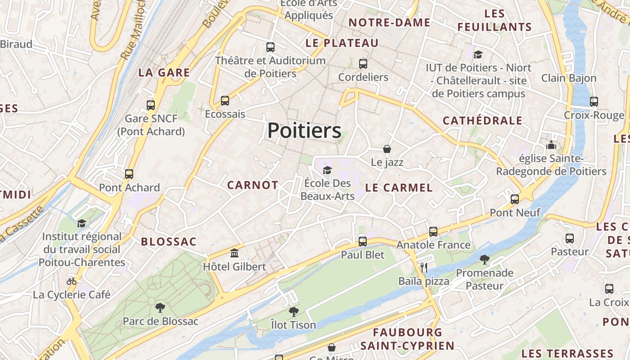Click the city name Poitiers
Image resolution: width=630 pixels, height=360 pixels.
[x=304, y=131]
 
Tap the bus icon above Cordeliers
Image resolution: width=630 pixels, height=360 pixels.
[x=363, y=64]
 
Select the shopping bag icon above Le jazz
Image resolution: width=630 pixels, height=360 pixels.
[x=387, y=148]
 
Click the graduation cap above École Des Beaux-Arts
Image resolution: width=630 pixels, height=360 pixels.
[x=327, y=170]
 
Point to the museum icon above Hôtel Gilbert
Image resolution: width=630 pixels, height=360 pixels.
[x=234, y=253]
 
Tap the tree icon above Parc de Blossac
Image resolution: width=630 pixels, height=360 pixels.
[x=160, y=308]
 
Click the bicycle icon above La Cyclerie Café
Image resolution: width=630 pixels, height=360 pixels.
[x=72, y=281]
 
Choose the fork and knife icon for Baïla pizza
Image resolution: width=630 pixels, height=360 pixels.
[x=423, y=268]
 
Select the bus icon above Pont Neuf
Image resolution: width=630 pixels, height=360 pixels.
[x=515, y=199]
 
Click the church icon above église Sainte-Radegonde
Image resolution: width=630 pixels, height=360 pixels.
[x=551, y=145]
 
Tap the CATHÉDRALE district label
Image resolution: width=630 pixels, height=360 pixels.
[x=482, y=121]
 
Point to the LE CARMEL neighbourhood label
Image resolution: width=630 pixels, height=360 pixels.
[x=399, y=188]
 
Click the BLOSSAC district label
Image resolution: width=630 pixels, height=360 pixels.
[x=169, y=242]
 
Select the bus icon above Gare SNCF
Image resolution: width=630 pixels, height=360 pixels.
[x=151, y=105]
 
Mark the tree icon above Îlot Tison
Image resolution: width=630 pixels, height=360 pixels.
[x=293, y=311]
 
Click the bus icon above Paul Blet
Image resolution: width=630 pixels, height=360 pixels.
[x=363, y=242]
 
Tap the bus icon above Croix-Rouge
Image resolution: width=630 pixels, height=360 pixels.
[x=594, y=102]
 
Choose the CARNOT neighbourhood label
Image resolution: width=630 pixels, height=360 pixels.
[x=252, y=185]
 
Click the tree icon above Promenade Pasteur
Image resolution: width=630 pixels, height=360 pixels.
[x=484, y=260]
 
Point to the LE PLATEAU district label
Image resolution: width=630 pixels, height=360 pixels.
[x=342, y=43]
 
